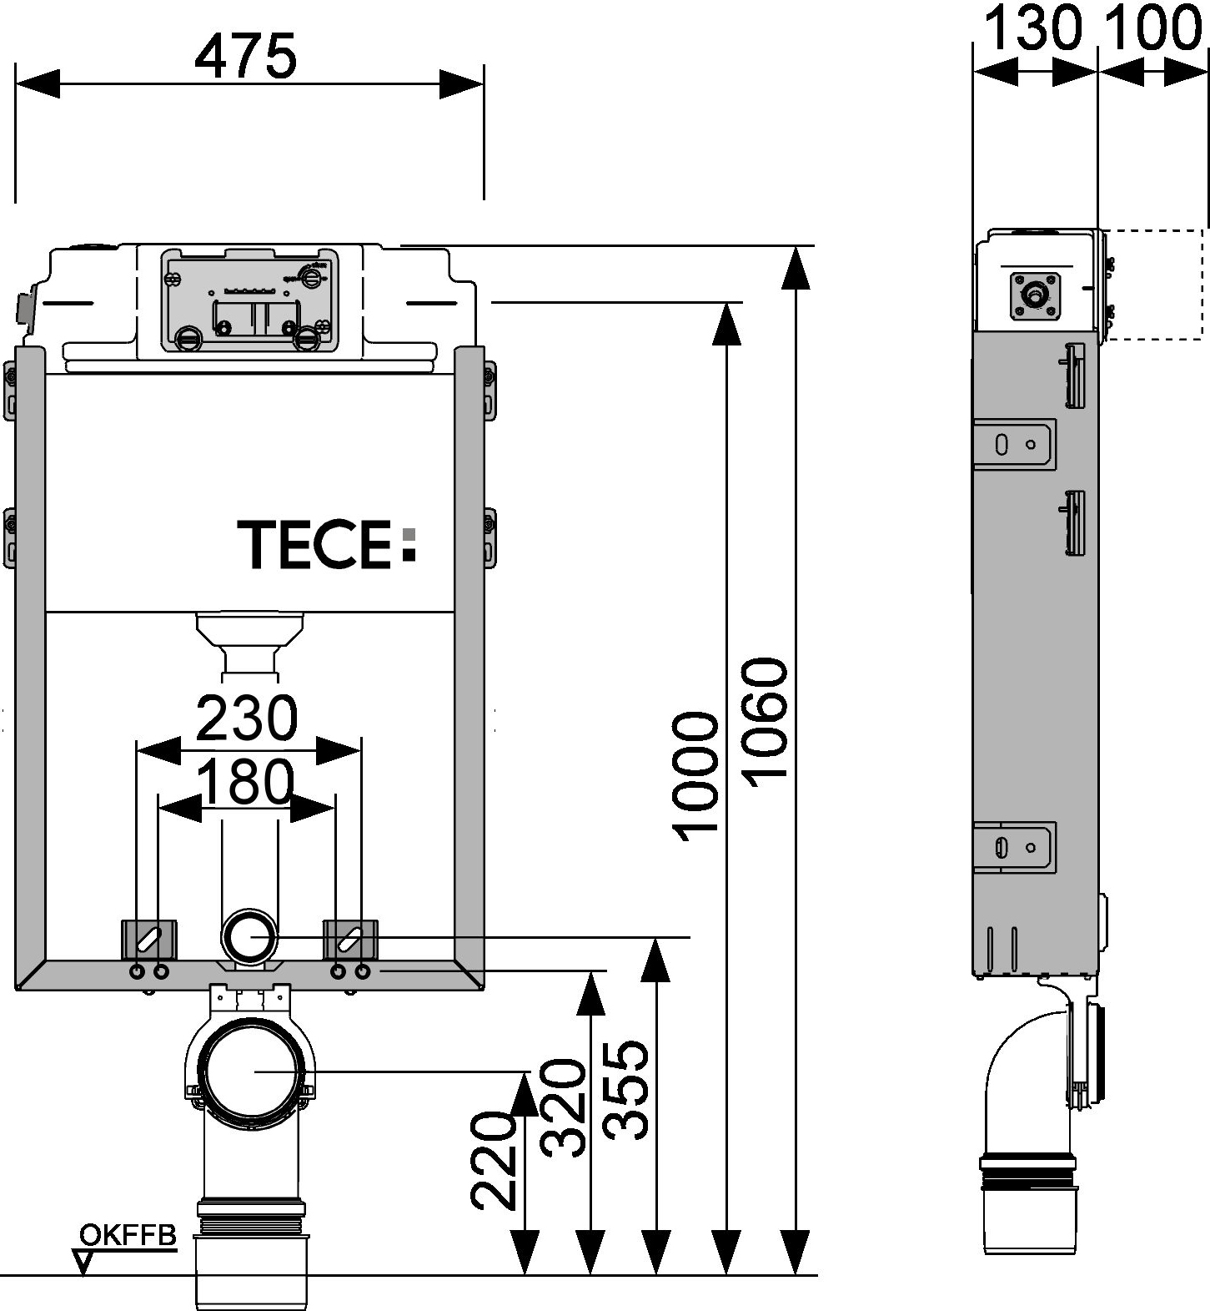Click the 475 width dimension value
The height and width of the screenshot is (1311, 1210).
point(245,57)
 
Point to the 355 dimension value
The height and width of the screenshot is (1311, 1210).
point(626,1089)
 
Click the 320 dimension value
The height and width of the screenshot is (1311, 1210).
point(564,1107)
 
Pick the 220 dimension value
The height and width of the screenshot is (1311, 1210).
point(494,1160)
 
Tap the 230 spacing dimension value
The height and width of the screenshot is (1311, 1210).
point(247,718)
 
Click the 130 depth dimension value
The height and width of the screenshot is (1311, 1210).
point(1034,28)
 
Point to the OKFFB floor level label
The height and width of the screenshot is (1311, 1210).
point(128,1234)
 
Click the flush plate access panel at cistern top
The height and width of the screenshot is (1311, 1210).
point(250,298)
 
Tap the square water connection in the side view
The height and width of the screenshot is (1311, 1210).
point(1036,295)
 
